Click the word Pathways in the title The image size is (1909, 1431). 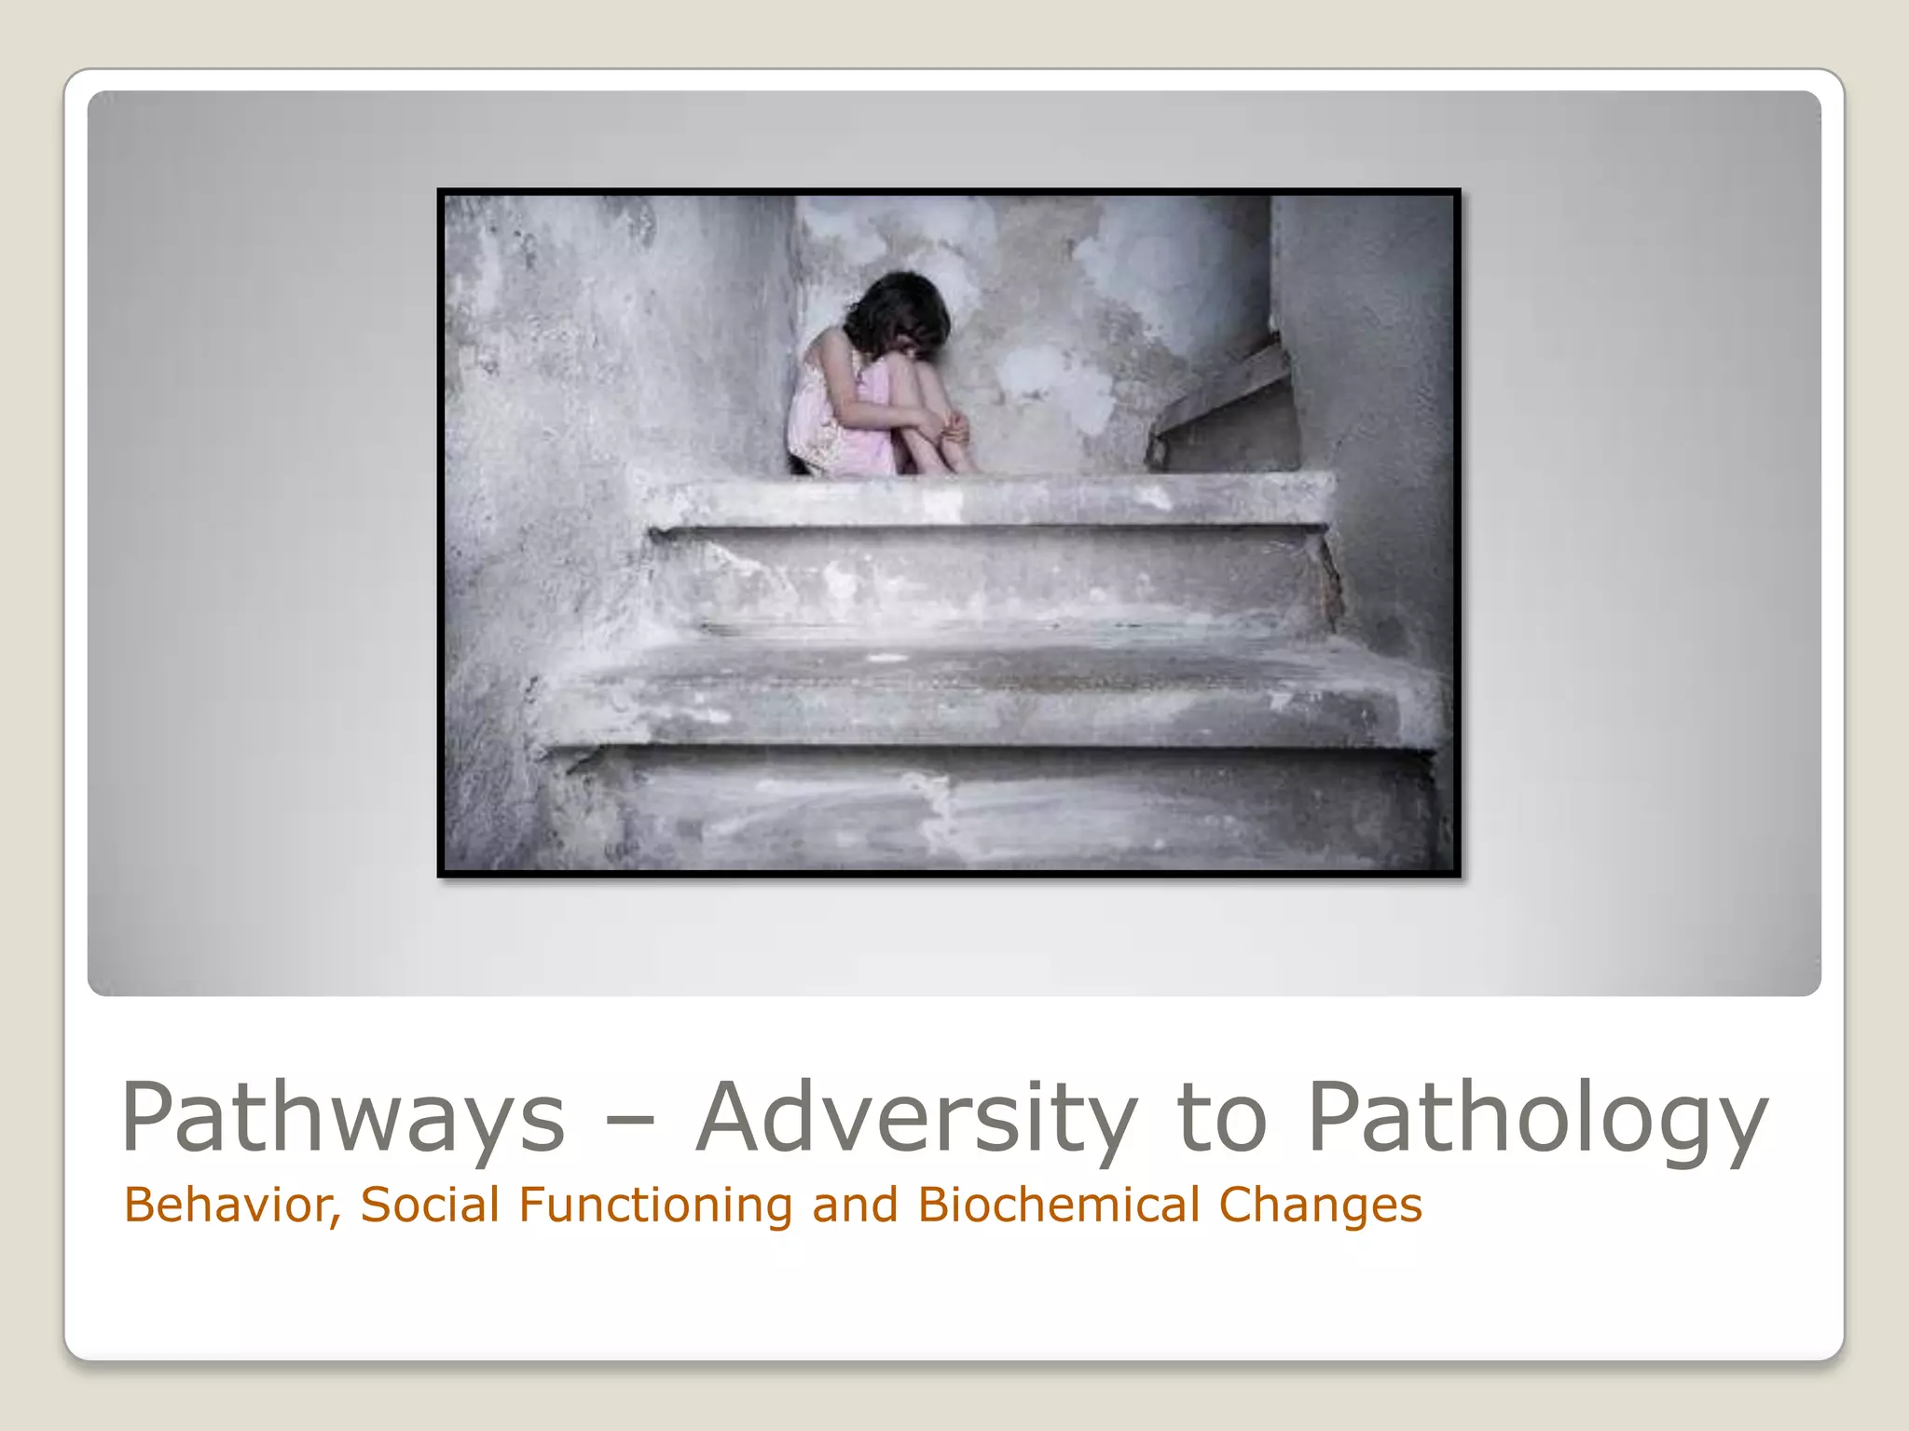pyautogui.click(x=343, y=1118)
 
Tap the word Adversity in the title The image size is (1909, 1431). pyautogui.click(x=917, y=1118)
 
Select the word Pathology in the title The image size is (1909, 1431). pyautogui.click(x=1538, y=1118)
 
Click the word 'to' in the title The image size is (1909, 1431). pyautogui.click(x=1222, y=1118)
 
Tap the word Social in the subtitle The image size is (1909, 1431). pyautogui.click(x=431, y=1206)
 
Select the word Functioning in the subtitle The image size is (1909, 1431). pyautogui.click(x=655, y=1206)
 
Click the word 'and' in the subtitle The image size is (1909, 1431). pyautogui.click(x=855, y=1206)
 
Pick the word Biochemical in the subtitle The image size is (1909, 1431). pyautogui.click(x=1059, y=1206)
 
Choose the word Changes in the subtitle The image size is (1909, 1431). pyautogui.click(x=1320, y=1206)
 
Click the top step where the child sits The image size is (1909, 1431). pyautogui.click(x=988, y=501)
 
